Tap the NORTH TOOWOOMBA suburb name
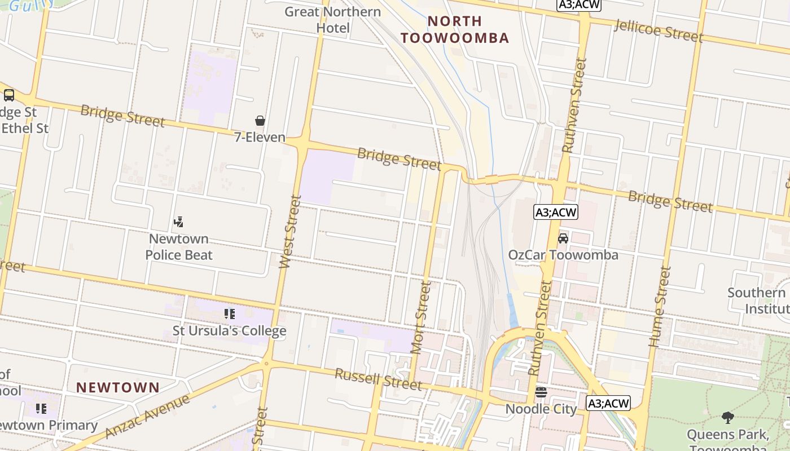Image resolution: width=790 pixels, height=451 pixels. [454, 29]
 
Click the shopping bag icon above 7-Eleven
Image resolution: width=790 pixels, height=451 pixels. [260, 121]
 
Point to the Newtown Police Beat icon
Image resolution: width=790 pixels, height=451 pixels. [179, 222]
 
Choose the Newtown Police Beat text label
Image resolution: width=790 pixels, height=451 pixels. [179, 247]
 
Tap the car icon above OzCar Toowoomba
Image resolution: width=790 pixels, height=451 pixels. [563, 238]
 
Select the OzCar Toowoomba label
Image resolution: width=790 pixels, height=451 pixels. [563, 255]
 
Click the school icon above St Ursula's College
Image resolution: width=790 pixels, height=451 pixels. [229, 313]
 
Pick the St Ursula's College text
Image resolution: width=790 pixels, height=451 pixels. [229, 331]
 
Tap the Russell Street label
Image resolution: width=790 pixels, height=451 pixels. [378, 379]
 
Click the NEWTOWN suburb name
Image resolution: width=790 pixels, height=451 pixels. [118, 388]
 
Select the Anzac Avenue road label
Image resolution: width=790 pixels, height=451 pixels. [148, 416]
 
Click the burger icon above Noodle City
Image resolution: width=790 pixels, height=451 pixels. [541, 392]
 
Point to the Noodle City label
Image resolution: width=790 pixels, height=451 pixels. [541, 409]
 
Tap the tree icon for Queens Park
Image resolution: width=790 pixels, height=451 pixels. [728, 418]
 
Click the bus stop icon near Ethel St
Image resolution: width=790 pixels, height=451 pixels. [9, 95]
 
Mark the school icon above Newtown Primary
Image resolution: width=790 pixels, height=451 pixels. [41, 408]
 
